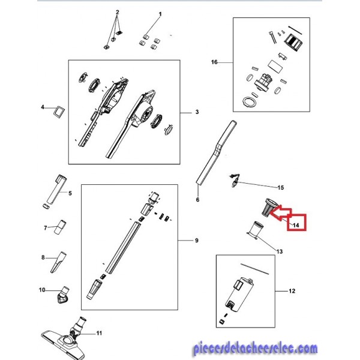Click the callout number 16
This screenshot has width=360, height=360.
point(214,62)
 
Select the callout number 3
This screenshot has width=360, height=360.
point(197,112)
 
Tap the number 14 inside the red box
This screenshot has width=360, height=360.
point(296,225)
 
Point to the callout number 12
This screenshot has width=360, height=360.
point(292,291)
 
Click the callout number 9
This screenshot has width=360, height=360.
point(197,241)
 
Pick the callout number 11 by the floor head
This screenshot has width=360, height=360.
point(99,333)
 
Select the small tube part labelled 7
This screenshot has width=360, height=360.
point(60,227)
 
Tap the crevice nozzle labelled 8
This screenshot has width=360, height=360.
point(58,262)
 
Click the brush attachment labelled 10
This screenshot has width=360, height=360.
point(62,295)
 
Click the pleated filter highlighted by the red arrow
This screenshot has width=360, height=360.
point(269,206)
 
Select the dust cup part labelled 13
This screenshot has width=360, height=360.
point(256,230)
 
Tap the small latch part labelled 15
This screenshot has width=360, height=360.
point(235,181)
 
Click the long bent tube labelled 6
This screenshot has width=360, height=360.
point(217,152)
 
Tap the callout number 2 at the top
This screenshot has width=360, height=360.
point(118,12)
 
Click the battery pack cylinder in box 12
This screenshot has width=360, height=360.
point(239,295)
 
